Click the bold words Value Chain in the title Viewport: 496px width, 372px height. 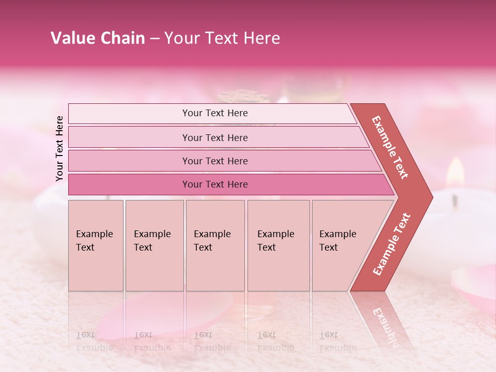[98, 38]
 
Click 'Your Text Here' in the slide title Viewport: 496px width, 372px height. [222, 38]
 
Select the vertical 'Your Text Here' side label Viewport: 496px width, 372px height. [59, 149]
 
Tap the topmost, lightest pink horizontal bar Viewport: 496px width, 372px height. [212, 114]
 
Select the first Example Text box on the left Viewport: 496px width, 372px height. [96, 245]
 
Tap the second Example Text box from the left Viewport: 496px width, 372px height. [154, 245]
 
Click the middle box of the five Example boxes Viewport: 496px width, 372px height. [215, 245]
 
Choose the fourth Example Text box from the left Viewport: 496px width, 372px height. [278, 245]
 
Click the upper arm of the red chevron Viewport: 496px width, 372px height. [390, 147]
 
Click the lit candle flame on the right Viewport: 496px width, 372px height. [455, 172]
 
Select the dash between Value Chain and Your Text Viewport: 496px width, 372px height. [154, 39]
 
